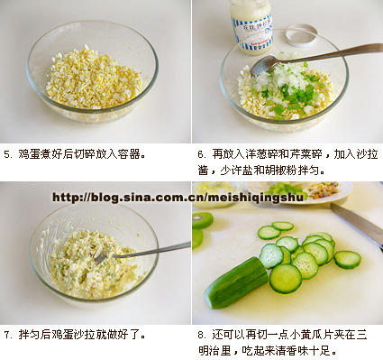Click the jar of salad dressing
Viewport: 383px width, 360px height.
pos(251,26)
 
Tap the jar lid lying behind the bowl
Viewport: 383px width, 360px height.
pos(301,35)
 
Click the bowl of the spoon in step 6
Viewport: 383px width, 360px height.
pos(264,65)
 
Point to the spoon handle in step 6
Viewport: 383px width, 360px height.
pos(331,53)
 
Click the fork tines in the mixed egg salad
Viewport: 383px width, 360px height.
pos(103,258)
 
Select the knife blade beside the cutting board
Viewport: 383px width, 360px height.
pos(358,222)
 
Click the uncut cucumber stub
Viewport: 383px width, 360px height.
pos(236,282)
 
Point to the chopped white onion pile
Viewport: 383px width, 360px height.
pos(279,79)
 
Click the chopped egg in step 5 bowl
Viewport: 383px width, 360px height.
pos(94,79)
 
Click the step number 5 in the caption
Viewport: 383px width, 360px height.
pos(6,154)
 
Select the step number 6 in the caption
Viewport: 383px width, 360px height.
pos(200,154)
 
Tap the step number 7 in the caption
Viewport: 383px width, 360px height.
pos(6,335)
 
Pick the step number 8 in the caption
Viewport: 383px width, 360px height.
pos(200,335)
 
